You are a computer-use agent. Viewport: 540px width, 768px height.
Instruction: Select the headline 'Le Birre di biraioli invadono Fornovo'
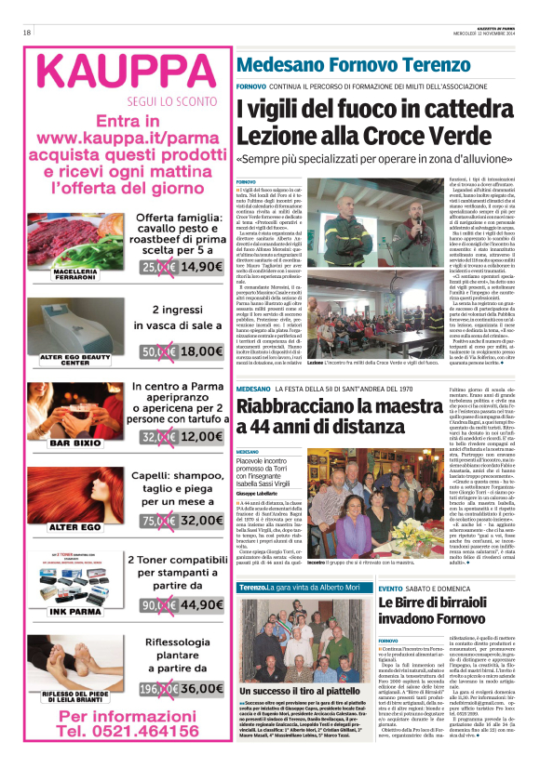coord(452,599)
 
